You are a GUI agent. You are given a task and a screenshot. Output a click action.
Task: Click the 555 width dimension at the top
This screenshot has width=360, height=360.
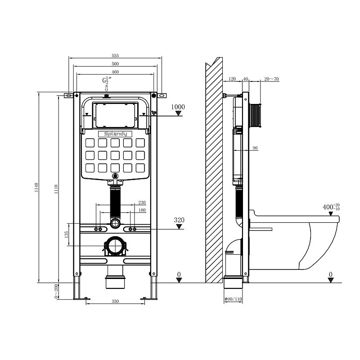click(x=115, y=55)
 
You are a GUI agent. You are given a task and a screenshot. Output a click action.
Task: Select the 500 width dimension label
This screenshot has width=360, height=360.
click(x=115, y=64)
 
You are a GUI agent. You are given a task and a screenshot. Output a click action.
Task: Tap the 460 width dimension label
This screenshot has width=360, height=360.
click(x=115, y=72)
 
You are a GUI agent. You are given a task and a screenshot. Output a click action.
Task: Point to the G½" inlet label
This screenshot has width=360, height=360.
click(x=107, y=81)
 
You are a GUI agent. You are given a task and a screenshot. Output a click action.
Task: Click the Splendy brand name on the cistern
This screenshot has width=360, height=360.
click(x=115, y=134)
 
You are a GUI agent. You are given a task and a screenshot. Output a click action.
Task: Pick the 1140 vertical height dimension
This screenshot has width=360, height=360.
click(x=37, y=188)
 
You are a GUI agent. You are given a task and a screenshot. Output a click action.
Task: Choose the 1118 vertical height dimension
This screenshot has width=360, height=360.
click(x=56, y=189)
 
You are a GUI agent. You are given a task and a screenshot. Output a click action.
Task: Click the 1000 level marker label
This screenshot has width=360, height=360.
click(x=178, y=107)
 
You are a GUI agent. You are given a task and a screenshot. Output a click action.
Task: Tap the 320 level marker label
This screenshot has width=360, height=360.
click(x=179, y=220)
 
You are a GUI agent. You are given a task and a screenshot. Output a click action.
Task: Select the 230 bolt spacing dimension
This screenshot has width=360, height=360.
click(x=142, y=202)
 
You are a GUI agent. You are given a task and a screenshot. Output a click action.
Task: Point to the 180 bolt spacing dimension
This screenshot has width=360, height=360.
click(x=142, y=210)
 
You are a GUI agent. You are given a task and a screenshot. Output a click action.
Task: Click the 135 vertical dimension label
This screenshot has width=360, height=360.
click(x=67, y=234)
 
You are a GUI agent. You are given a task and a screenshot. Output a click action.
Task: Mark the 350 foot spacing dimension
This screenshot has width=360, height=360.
click(x=115, y=301)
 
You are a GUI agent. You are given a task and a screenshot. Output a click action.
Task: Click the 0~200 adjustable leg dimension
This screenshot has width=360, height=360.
click(x=56, y=291)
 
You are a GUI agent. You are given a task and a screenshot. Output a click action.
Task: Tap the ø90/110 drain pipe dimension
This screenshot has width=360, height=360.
click(x=233, y=299)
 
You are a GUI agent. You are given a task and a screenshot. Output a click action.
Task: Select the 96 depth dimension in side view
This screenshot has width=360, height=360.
click(x=255, y=148)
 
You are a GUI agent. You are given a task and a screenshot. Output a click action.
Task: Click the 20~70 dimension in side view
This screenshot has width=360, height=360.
click(x=271, y=79)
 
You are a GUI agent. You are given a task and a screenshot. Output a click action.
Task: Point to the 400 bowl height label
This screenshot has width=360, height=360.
click(x=331, y=207)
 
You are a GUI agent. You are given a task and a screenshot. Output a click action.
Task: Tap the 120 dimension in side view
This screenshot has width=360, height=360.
click(x=232, y=79)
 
